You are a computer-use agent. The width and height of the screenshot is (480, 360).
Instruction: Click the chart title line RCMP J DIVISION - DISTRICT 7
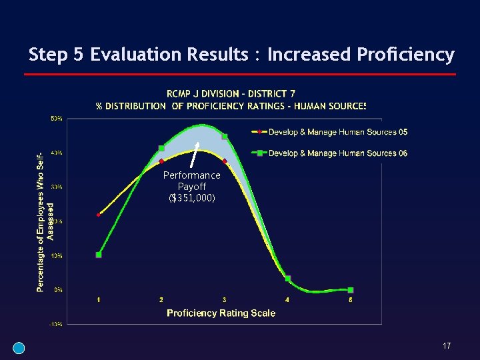[231, 93]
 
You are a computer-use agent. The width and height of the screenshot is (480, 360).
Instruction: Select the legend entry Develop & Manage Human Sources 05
[337, 132]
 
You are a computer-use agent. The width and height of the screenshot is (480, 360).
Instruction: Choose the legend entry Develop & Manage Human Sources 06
[337, 153]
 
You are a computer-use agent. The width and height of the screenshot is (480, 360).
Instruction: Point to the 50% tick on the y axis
[57, 119]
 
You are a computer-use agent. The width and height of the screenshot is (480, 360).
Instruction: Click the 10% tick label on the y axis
[57, 255]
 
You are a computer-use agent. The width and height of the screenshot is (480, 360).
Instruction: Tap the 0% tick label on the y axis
[58, 289]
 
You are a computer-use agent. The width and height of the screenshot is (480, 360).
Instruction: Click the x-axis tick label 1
[99, 300]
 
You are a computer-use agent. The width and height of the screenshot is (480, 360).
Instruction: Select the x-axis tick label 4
[287, 300]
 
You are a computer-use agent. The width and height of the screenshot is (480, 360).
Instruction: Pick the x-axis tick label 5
[351, 300]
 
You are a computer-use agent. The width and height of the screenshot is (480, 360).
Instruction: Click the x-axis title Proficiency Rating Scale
[221, 313]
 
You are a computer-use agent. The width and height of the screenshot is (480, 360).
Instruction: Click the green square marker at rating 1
[99, 255]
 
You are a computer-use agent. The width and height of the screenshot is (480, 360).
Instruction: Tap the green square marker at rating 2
[161, 148]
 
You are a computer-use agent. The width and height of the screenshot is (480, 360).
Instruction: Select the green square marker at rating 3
[225, 137]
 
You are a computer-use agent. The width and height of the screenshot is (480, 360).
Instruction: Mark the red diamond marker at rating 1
[99, 215]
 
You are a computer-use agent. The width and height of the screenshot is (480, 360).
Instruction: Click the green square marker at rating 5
[351, 290]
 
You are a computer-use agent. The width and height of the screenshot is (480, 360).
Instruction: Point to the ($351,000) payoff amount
[192, 197]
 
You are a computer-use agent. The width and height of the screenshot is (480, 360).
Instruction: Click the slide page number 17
[447, 346]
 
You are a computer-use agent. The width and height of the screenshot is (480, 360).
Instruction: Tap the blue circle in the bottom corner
[19, 347]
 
